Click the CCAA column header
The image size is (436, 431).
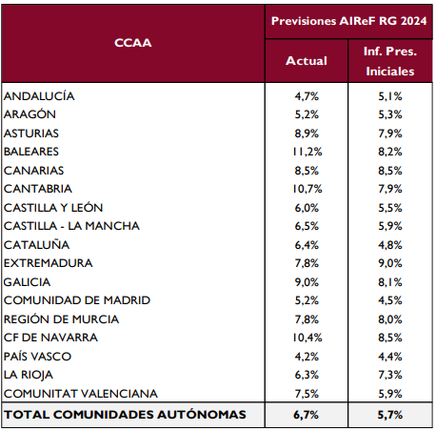pos(133,43)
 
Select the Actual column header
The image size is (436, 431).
pos(307,61)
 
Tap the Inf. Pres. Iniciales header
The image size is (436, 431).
pos(390,61)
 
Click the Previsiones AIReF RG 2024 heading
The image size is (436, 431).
pos(348,21)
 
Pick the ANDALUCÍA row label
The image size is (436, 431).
pos(39,96)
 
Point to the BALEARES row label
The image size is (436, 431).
pos(31,152)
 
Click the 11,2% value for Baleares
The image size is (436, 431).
pos(307,152)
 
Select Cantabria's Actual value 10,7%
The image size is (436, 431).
pos(307,189)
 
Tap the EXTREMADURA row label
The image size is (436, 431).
pos(49,263)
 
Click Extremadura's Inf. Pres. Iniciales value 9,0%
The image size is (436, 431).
pos(390,263)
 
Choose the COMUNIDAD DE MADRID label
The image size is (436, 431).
pos(77,300)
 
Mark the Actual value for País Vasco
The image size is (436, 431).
pos(307,357)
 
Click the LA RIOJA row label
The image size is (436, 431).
pos(29,375)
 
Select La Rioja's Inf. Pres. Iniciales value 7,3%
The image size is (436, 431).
pos(390,375)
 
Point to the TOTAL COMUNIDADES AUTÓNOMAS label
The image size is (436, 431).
pos(125,415)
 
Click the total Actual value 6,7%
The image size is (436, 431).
pos(307,415)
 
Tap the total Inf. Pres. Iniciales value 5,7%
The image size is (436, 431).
pos(390,415)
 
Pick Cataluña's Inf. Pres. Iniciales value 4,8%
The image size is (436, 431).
pos(390,245)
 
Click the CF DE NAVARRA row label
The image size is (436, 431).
pos(50,338)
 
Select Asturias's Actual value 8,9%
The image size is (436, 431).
pos(307,133)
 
